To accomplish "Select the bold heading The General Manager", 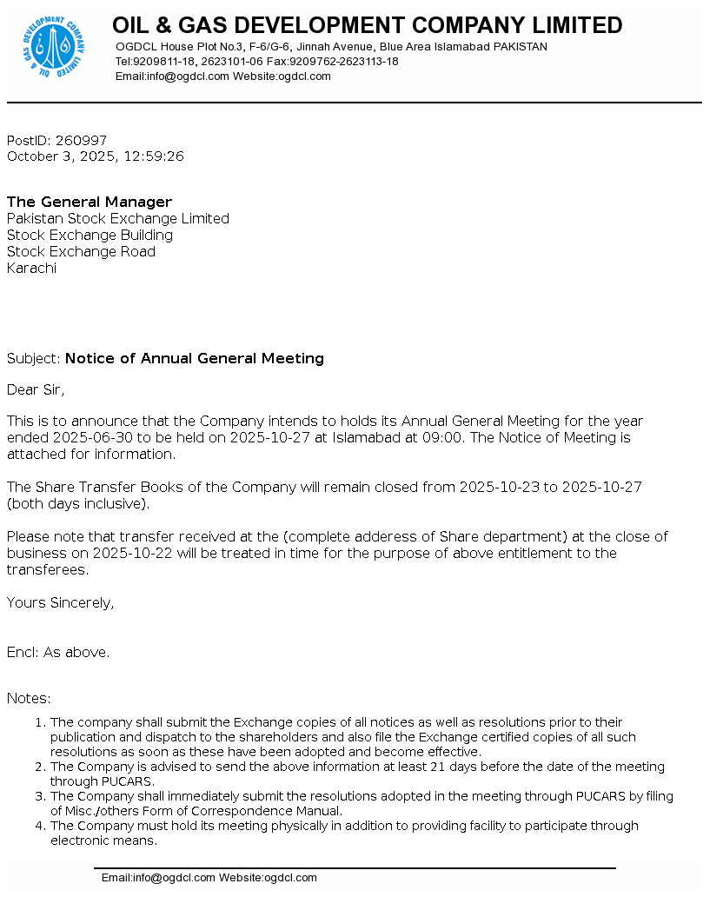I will coord(90,203).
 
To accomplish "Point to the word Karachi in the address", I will coord(31,269).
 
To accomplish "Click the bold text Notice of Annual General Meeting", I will coord(195,359).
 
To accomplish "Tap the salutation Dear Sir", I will coord(36,389).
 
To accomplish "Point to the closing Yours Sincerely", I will coord(60,603).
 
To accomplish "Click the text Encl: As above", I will coord(58,653).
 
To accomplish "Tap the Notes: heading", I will coord(29,699).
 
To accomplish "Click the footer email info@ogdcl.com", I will coord(173,878).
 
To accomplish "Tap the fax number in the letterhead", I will coord(344,62).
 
